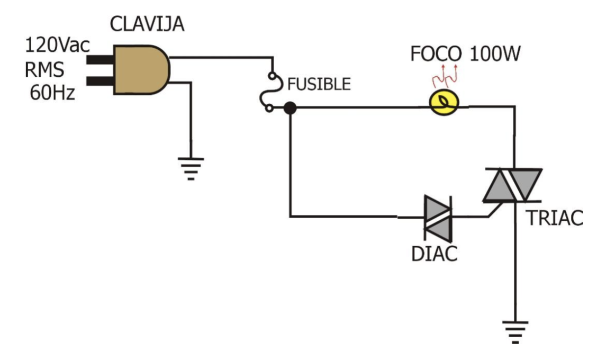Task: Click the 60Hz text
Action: (51, 94)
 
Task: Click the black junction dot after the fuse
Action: (290, 109)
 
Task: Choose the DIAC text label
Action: (435, 254)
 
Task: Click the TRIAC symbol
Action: (512, 185)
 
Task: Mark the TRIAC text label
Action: (554, 218)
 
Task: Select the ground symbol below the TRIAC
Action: (513, 331)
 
